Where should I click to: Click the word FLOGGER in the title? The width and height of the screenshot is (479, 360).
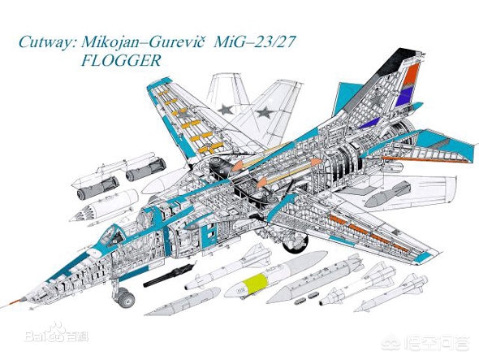coord(121,60)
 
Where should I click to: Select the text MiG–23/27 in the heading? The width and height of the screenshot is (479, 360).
coord(255,41)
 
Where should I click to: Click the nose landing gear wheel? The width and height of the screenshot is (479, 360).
coord(125,297)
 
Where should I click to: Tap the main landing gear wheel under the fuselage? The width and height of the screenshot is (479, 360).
coord(295,241)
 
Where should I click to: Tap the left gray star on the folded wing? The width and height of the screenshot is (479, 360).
coord(226,109)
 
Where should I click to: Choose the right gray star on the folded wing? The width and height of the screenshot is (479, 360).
coord(265,113)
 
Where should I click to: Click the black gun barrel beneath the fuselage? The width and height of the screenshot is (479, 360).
coord(169,275)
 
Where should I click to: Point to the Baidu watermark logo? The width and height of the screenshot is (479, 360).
coord(56,333)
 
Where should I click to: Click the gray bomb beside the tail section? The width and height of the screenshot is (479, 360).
coord(387,194)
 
